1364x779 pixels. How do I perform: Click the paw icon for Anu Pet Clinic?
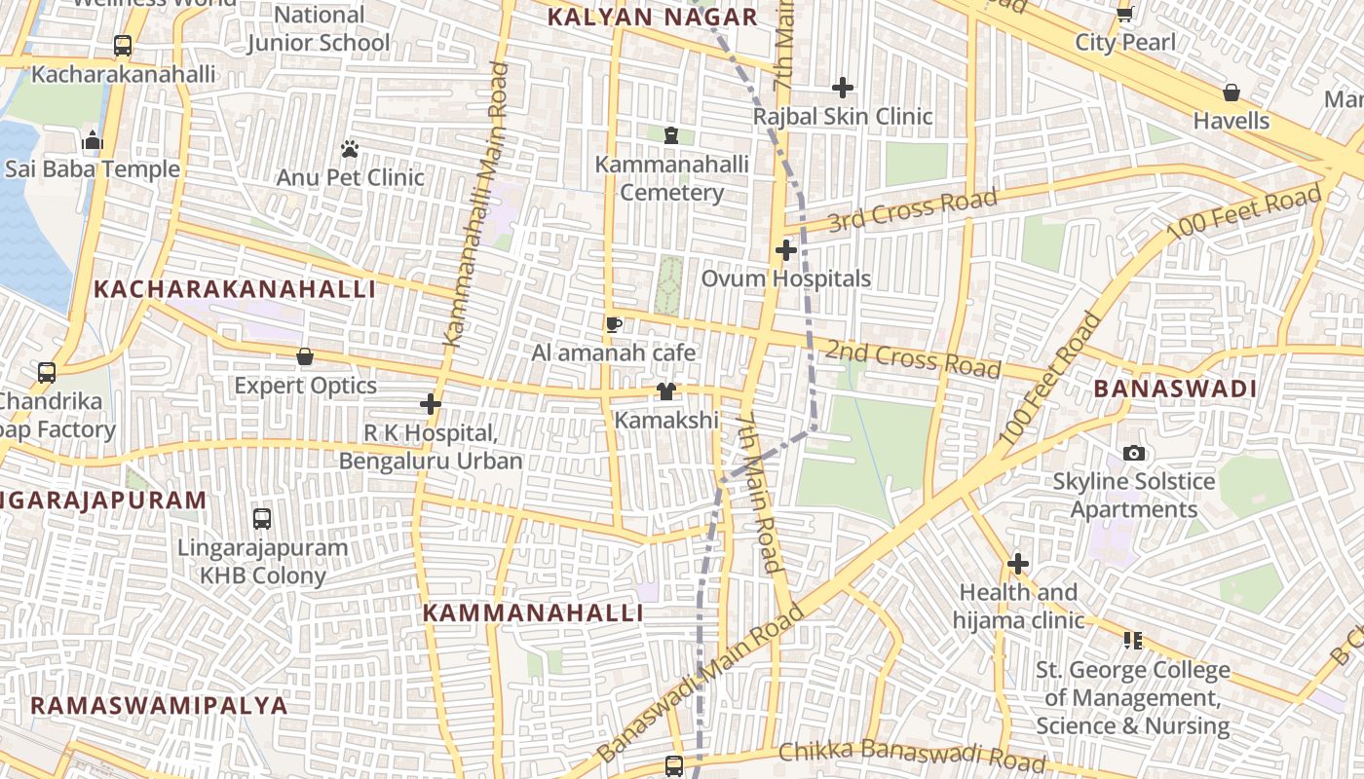coord(350,149)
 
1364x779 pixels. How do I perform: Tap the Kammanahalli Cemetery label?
coord(672,178)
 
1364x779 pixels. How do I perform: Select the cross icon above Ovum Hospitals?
coord(786,250)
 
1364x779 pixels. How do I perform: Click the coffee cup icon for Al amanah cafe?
coord(613,324)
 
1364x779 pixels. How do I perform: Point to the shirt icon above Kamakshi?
coord(666,391)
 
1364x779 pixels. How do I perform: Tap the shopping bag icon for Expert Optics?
coord(305,357)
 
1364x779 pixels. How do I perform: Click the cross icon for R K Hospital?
coord(431,403)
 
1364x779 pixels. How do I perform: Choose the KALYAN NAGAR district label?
coord(652,17)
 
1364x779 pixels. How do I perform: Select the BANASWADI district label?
coord(1175,389)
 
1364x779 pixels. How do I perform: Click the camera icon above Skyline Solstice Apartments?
coord(1134,453)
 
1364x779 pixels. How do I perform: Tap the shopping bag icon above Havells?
coord(1231,93)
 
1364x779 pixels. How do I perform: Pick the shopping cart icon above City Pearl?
coord(1125,14)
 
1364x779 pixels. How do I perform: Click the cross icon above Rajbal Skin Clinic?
coord(843,88)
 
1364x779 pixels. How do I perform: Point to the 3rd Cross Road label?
coord(913,211)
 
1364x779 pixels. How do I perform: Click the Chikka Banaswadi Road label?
coord(912,755)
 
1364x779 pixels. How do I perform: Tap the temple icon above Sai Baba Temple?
coord(93,140)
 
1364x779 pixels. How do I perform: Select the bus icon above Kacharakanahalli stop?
coord(123,46)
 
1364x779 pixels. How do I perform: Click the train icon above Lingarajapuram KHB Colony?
coord(262,518)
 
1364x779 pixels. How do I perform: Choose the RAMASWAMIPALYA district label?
coord(159,705)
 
